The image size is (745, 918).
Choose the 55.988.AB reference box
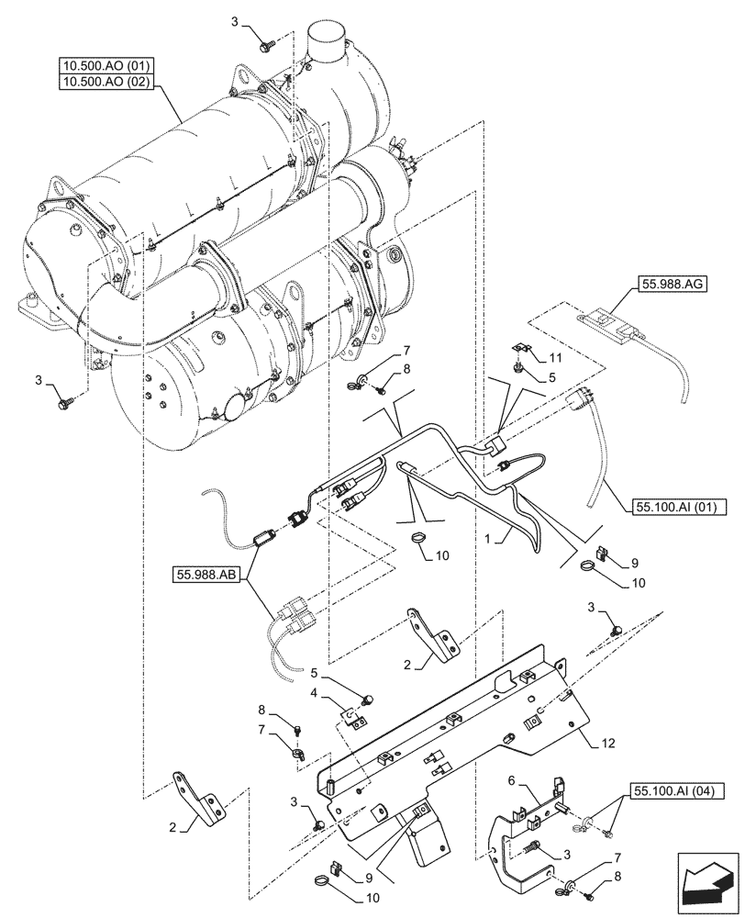point(205,575)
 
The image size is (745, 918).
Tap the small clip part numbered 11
point(519,350)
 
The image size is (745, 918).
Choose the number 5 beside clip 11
point(552,375)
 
